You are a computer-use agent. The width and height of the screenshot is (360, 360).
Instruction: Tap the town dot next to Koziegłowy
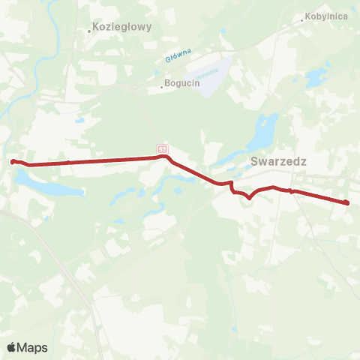[90, 31]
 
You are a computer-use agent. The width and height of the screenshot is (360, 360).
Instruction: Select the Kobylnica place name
[327, 16]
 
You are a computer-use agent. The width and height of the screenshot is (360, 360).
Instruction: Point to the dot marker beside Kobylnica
[302, 21]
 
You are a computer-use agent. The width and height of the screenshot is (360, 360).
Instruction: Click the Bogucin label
[183, 84]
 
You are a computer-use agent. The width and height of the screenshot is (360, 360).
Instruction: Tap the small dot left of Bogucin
[162, 86]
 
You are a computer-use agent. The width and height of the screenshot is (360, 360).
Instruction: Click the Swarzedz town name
[279, 160]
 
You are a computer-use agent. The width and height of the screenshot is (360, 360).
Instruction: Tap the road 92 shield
[162, 149]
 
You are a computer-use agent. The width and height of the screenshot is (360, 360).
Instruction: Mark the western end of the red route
[13, 160]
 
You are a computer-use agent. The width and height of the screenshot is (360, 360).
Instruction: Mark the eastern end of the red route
[346, 202]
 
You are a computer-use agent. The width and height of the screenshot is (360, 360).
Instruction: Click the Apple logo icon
[12, 347]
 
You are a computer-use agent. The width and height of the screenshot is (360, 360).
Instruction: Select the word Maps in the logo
[32, 347]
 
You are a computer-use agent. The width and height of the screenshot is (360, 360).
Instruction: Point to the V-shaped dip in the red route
[248, 198]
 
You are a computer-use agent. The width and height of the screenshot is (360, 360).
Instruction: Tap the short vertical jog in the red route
[232, 187]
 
